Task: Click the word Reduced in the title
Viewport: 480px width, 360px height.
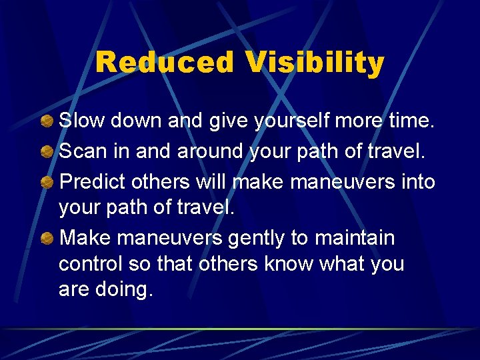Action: coord(165,63)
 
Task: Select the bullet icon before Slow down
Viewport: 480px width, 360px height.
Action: coord(47,121)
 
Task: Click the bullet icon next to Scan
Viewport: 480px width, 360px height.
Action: coord(47,151)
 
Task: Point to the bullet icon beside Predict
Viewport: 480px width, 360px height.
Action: coord(47,181)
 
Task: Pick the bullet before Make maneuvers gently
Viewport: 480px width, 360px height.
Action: coord(47,238)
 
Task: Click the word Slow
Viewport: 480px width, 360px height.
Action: coord(83,121)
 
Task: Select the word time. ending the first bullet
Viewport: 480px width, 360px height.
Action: coord(409,121)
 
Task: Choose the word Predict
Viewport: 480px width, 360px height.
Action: coord(93,181)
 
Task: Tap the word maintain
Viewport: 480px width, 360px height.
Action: coord(362,238)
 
